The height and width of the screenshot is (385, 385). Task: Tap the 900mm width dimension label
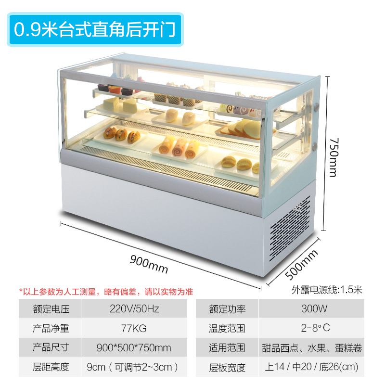149,264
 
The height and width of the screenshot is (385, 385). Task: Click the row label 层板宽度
227,367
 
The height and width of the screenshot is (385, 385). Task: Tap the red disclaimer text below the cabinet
106,292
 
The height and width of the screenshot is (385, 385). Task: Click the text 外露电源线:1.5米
327,290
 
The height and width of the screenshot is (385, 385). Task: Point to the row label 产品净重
51,329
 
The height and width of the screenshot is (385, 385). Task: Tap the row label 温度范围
227,329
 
